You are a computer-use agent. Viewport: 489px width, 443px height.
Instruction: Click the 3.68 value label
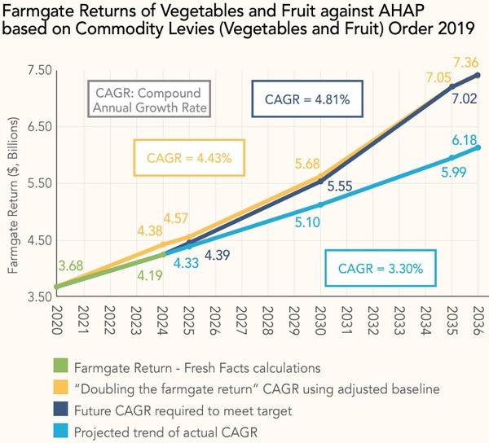click(70, 265)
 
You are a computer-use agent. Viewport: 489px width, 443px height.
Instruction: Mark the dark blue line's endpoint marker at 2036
click(477, 75)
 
